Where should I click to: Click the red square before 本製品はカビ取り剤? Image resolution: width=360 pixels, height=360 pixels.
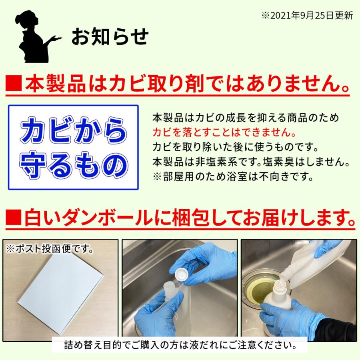(14, 86)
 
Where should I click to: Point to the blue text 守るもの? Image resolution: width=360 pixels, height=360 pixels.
(73, 164)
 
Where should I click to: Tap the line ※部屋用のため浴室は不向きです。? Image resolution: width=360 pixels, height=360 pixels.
(232, 176)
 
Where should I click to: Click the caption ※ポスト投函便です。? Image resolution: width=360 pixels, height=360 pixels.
(50, 249)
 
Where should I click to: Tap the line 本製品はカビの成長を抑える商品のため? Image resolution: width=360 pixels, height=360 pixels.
(246, 118)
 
